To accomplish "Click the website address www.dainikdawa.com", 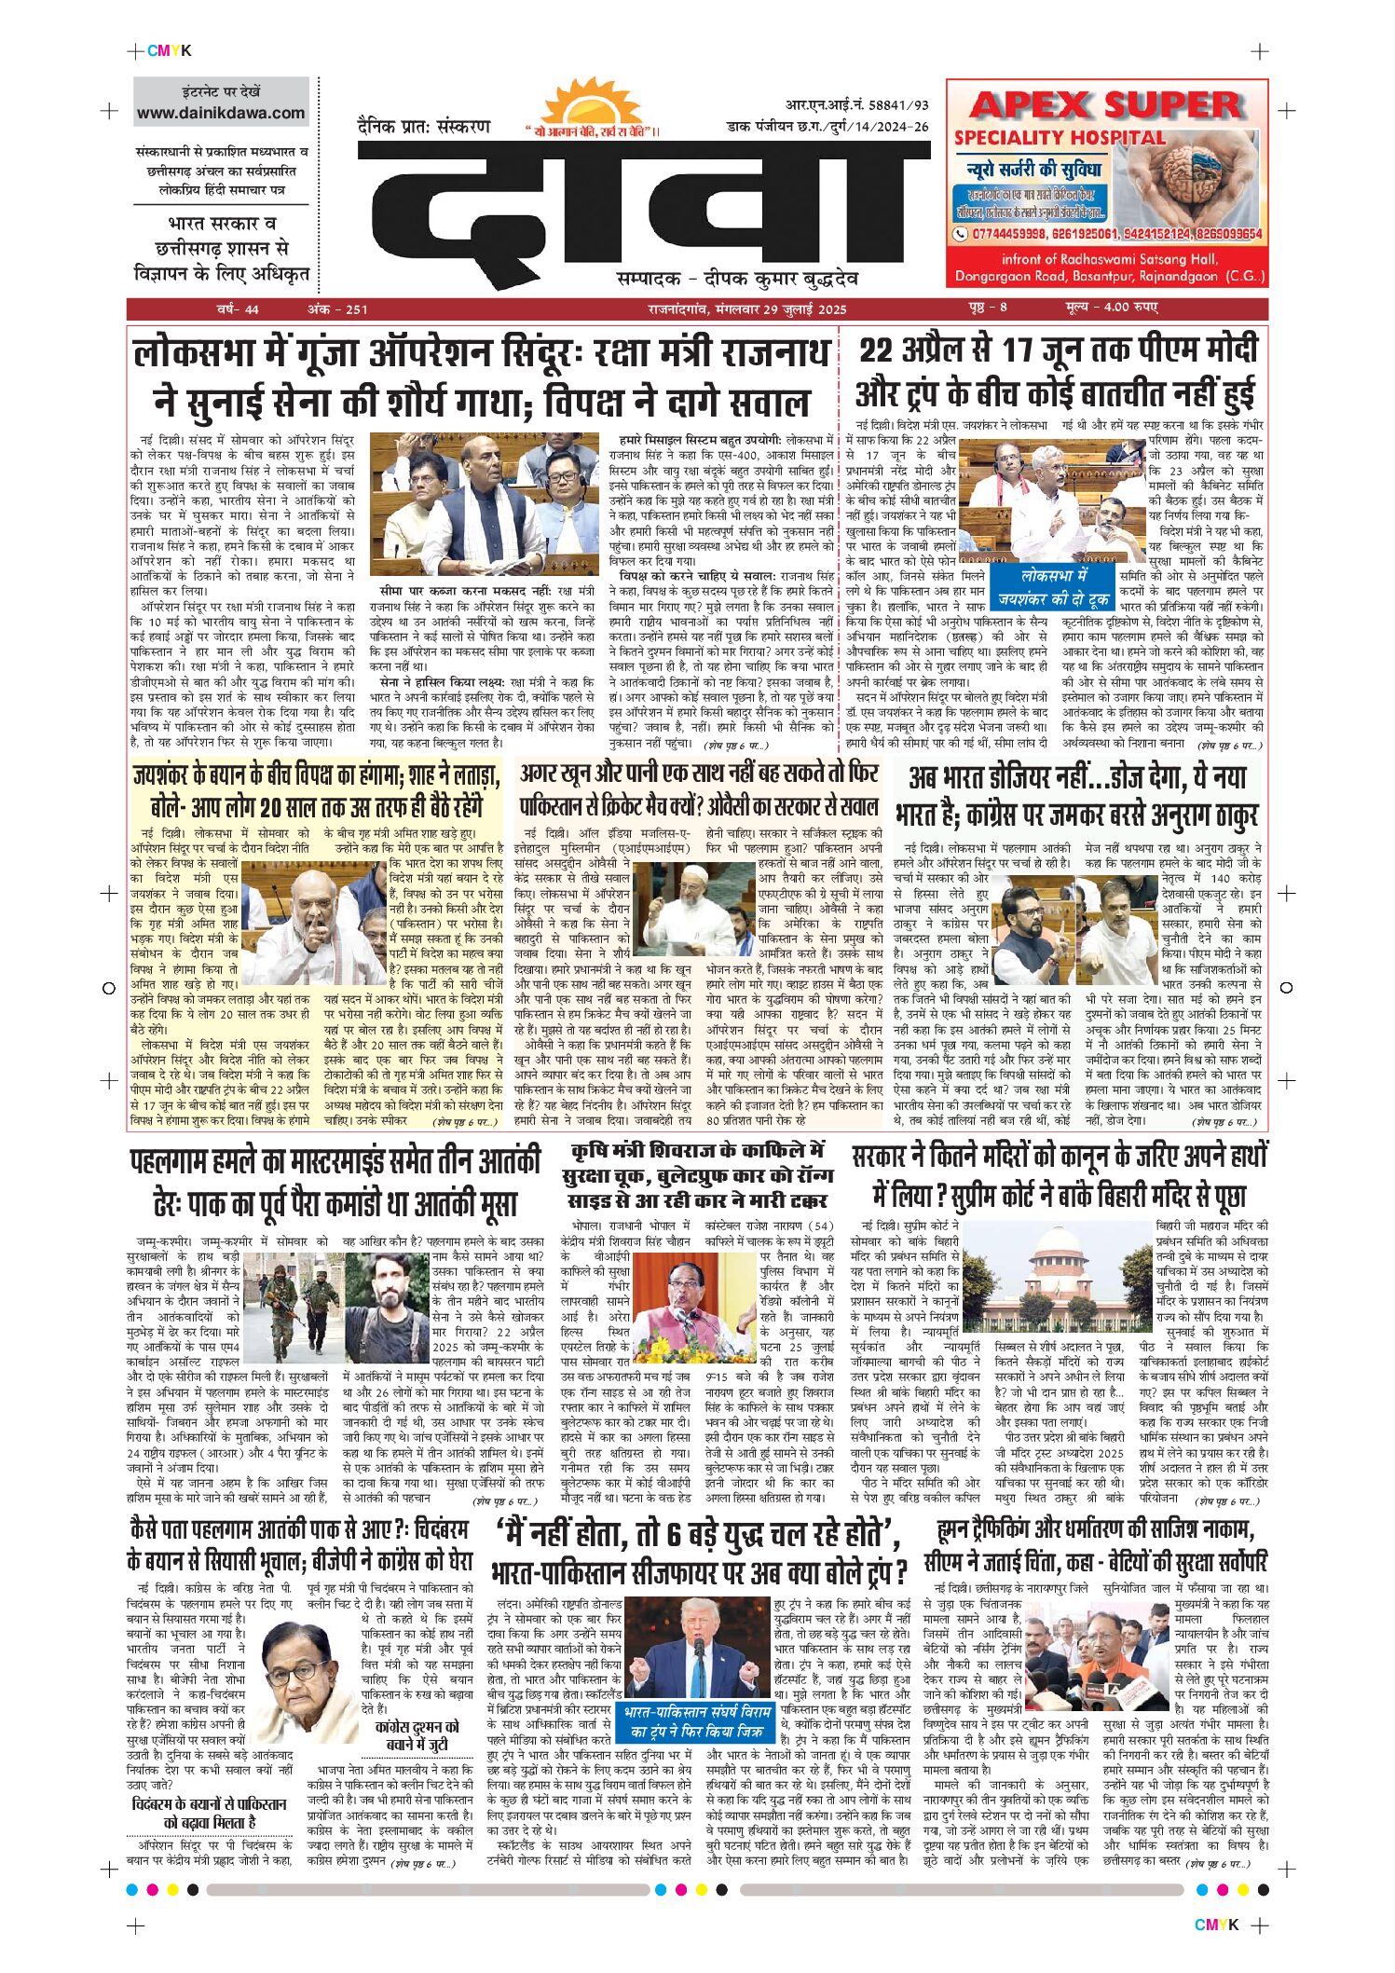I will click(221, 114).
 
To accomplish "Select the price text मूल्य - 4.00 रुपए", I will click(1112, 308).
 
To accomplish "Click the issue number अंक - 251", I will click(337, 309).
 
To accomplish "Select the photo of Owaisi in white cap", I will click(697, 909).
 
